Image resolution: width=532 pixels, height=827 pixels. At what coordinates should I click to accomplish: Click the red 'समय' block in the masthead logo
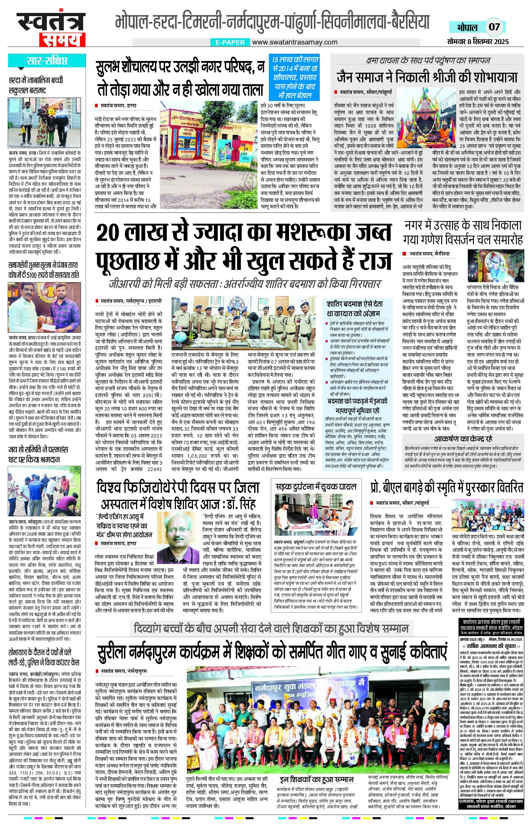point(62,40)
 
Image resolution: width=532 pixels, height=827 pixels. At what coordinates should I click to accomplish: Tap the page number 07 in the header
point(494,27)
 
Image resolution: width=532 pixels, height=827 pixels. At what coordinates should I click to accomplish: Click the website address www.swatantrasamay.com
point(295,42)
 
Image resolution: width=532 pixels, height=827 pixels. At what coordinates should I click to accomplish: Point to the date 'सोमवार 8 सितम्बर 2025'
point(478,41)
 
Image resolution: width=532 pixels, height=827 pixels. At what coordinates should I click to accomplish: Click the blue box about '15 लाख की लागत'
point(295,78)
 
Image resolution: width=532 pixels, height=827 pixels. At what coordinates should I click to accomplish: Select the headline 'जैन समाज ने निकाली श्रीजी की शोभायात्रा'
point(427,77)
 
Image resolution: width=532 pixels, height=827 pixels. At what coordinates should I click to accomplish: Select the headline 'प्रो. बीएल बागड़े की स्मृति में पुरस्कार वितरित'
point(446,487)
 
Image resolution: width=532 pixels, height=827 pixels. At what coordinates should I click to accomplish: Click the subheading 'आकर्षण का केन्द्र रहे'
point(463,439)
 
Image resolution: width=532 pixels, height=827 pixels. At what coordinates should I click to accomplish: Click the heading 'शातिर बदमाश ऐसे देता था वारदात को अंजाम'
point(354,308)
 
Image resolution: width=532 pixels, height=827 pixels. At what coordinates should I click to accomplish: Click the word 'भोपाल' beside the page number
point(467,27)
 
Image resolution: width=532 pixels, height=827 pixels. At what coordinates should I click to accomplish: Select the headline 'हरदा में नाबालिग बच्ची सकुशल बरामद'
point(36,85)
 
